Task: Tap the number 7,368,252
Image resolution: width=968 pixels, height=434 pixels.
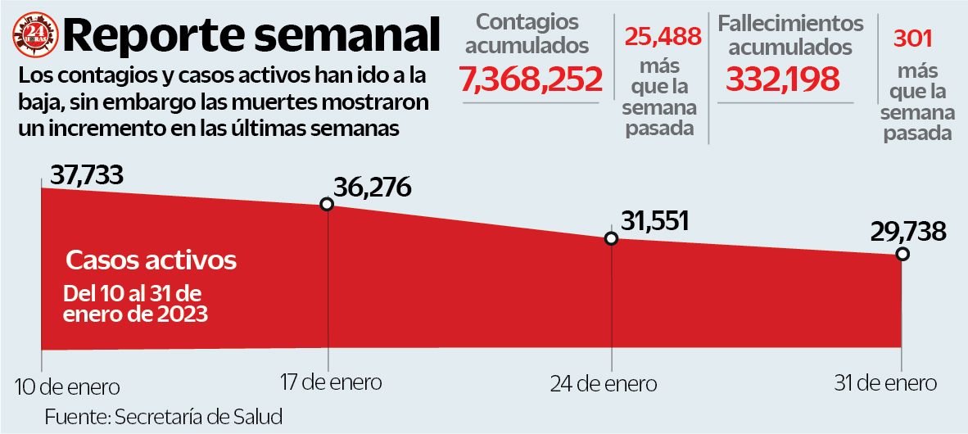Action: tap(531, 79)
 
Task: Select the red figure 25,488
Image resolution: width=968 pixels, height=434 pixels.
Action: tap(663, 36)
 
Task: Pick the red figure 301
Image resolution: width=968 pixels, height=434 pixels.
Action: tap(913, 38)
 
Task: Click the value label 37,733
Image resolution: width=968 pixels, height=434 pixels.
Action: tap(86, 174)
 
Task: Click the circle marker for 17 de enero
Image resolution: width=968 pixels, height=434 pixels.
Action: tap(327, 204)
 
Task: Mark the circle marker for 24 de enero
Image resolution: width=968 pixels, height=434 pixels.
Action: tap(610, 238)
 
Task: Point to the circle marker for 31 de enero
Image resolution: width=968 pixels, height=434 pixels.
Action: tap(902, 254)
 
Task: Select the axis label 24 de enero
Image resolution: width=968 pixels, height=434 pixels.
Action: tap(604, 384)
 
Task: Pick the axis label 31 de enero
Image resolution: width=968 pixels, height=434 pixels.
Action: tap(885, 382)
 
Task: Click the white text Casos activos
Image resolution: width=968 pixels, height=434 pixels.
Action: tap(152, 261)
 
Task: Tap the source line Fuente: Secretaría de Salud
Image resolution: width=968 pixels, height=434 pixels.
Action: tap(163, 416)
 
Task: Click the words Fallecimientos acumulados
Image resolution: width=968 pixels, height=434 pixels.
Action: tap(790, 35)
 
